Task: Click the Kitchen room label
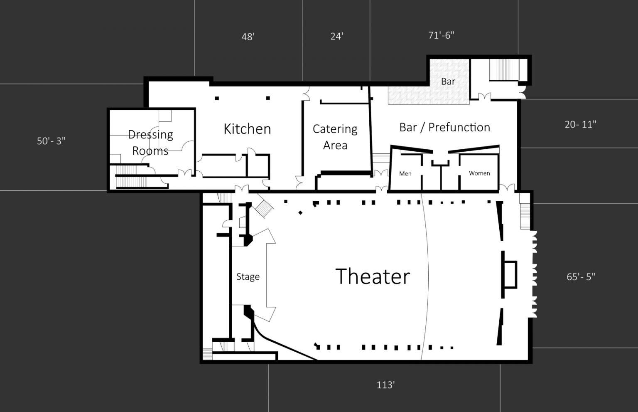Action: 247,128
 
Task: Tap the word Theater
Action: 373,276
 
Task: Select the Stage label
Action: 248,276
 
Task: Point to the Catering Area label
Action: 335,137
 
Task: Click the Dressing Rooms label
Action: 150,142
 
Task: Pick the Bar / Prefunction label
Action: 444,127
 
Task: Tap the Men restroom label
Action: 405,173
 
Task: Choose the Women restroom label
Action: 479,173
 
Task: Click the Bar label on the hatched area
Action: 448,81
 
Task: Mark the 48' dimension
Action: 248,37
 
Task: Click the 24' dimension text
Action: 337,37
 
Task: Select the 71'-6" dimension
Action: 441,35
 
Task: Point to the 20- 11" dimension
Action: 580,124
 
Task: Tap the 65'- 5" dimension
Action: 581,276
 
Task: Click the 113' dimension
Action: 385,385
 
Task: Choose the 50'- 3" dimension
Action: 51,141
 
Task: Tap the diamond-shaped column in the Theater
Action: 300,212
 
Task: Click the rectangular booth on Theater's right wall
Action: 510,274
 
